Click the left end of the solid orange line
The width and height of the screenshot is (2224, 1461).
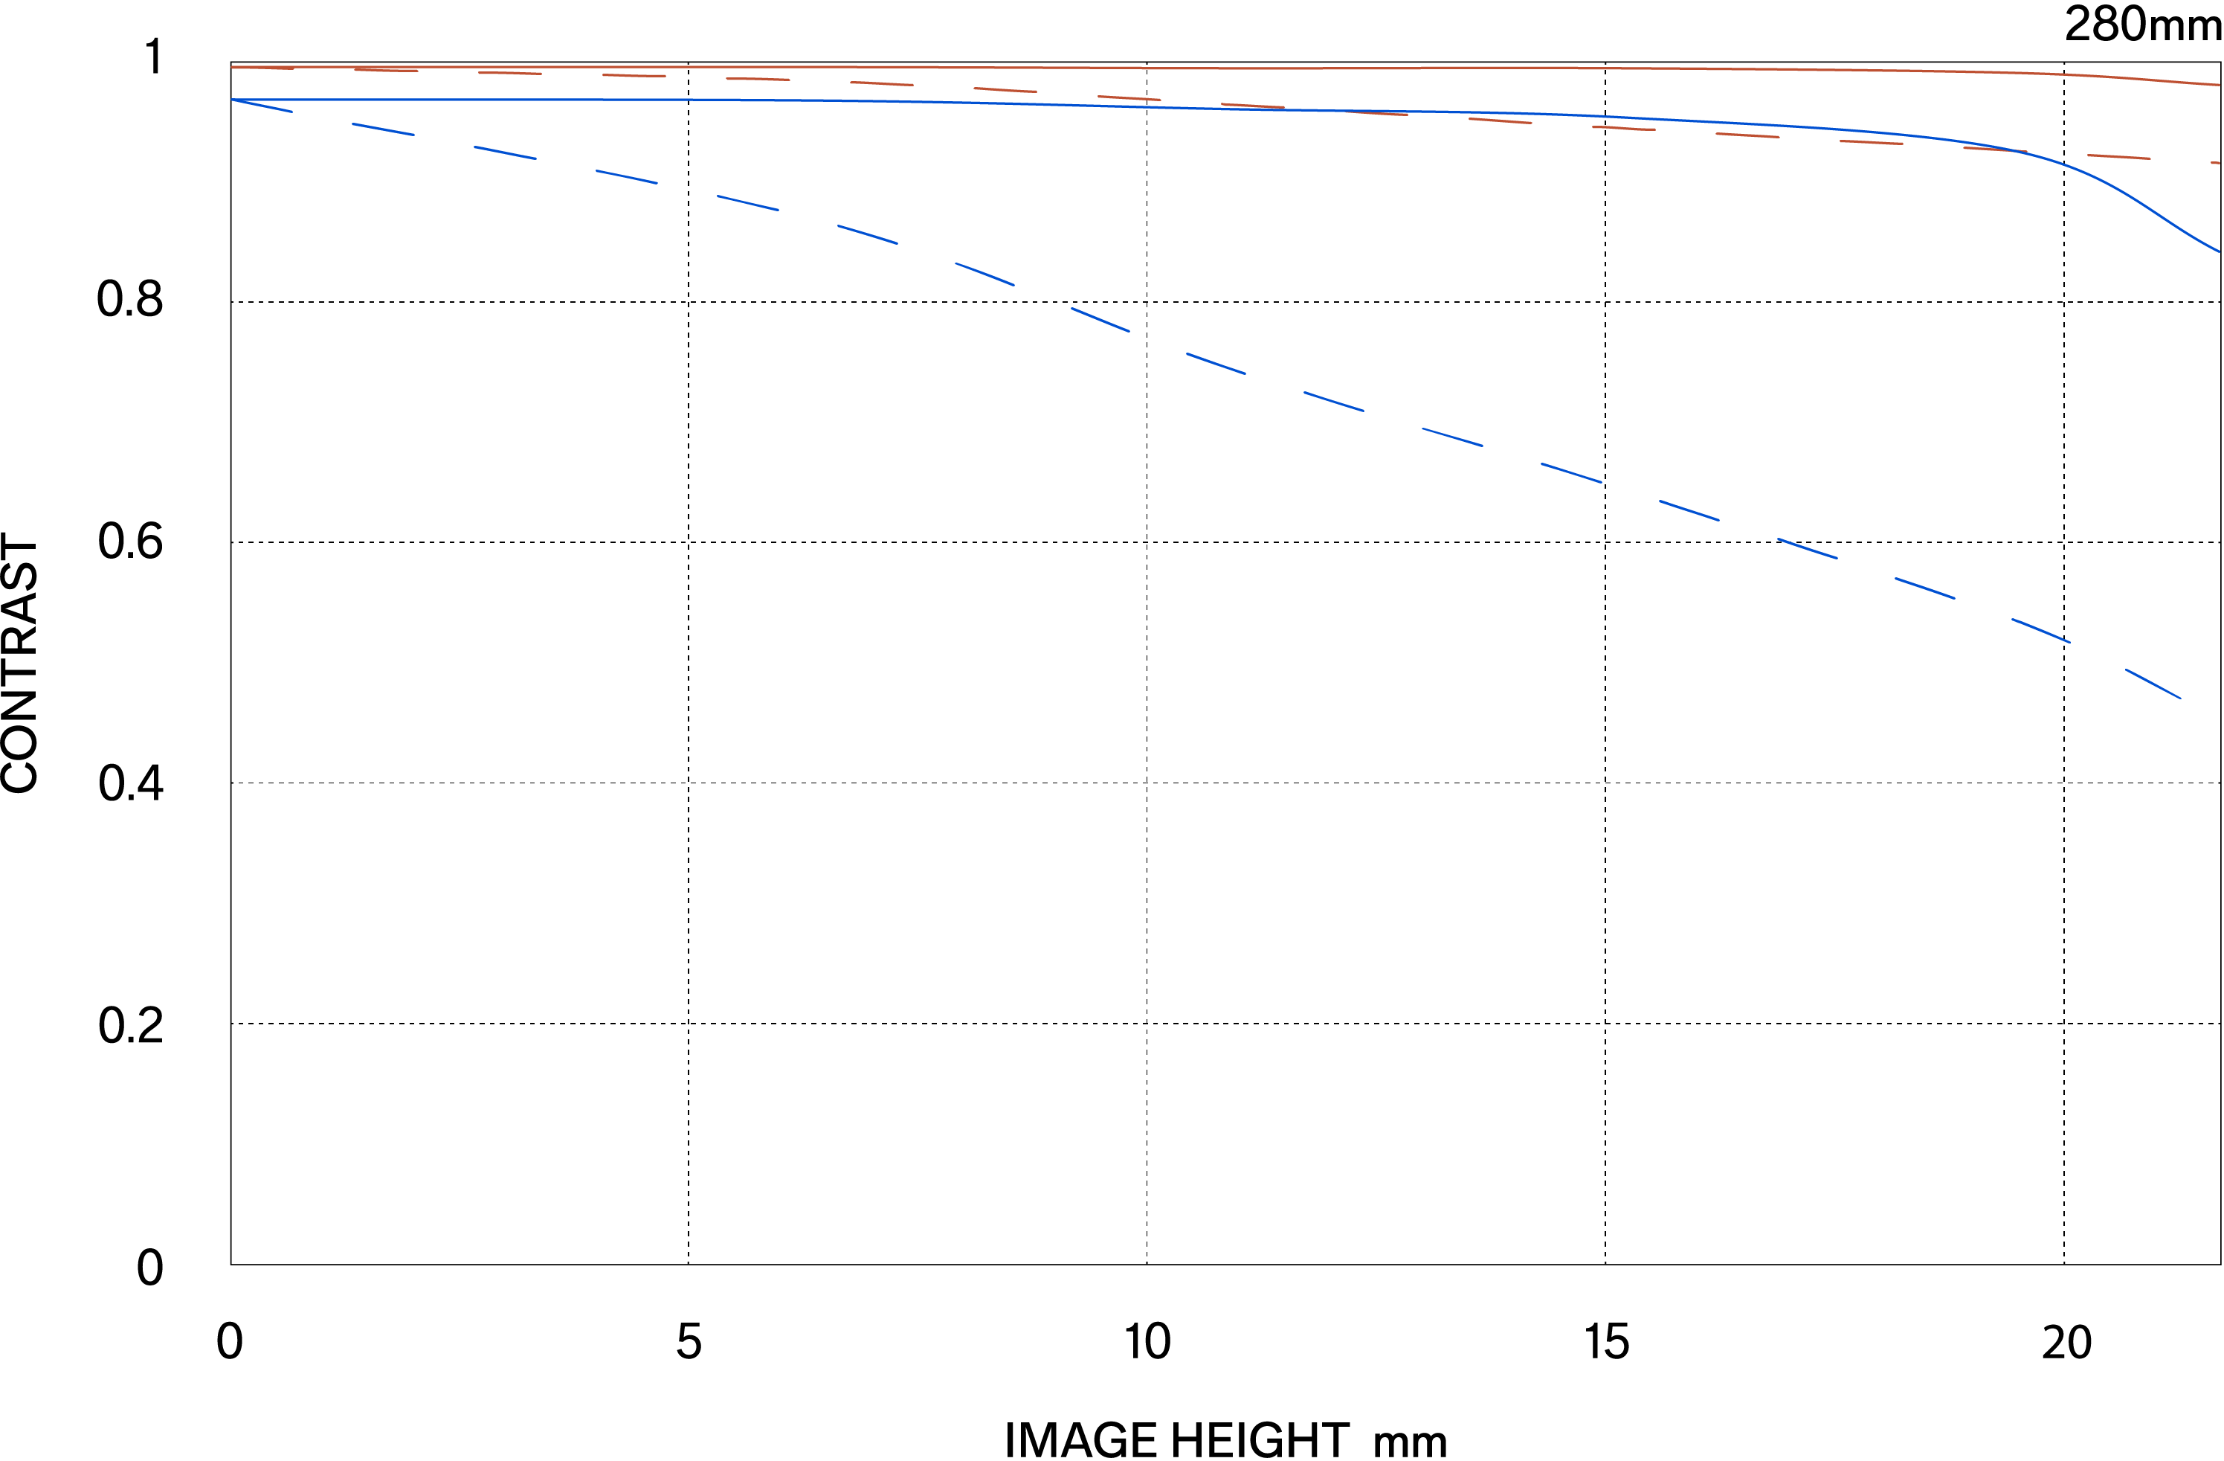pos(233,67)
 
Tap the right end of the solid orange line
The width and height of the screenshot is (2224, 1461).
pos(2218,85)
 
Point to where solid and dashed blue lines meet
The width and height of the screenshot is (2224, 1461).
pos(233,100)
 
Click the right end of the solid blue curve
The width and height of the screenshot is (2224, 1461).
pos(2218,251)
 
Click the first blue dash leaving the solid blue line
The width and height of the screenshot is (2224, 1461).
pos(262,106)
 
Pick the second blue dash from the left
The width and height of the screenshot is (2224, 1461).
pos(383,129)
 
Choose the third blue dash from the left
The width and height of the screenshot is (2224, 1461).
pos(506,152)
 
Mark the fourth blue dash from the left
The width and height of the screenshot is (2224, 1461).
pos(627,176)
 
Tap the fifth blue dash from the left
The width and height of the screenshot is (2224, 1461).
pos(747,203)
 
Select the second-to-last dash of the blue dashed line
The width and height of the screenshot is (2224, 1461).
pos(2041,631)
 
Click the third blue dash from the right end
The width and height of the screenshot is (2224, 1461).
pos(1925,588)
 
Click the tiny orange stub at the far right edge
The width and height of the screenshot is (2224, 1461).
pos(2216,163)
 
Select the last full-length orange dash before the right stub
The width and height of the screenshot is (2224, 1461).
pos(2119,157)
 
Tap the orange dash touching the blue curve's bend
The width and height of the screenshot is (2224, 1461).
pos(1995,150)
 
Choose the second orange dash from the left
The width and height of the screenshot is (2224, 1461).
pos(386,70)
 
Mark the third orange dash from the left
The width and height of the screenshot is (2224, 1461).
pos(510,73)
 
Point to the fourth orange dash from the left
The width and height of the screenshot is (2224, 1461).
pos(634,76)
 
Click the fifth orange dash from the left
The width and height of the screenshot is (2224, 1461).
pos(758,80)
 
